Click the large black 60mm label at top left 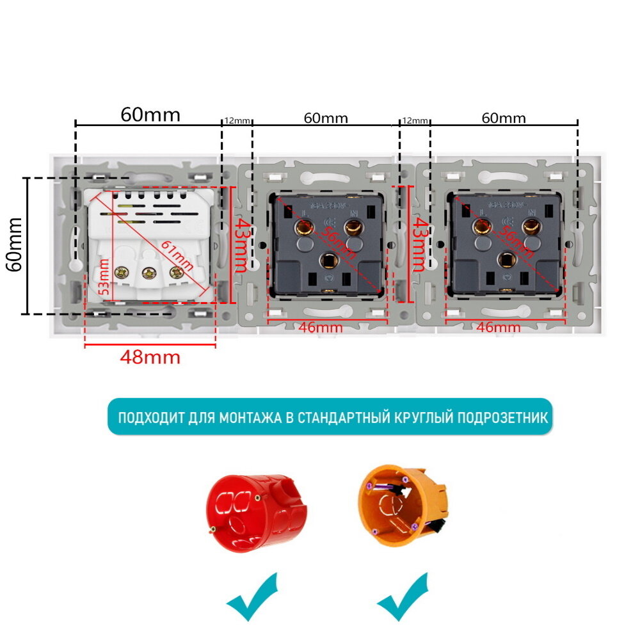[x=151, y=115]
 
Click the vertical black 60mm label [x=14, y=244]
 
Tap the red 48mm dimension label [x=150, y=357]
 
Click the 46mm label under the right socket [x=499, y=328]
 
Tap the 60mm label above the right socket [x=504, y=118]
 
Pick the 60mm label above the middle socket [x=326, y=118]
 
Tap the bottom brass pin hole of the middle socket [x=330, y=259]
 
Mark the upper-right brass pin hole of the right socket [x=530, y=226]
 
